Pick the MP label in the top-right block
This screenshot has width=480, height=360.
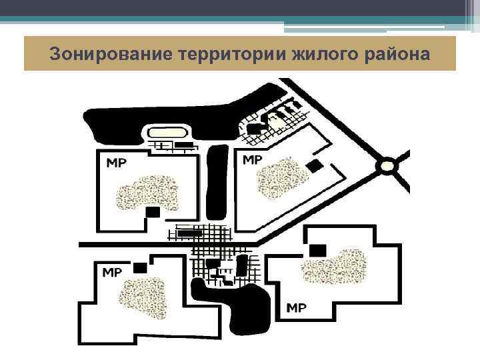pos(252,160)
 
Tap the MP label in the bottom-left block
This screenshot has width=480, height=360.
pos(111,272)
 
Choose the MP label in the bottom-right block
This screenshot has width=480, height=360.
pos(296,307)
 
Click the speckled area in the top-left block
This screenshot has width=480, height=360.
pos(147,193)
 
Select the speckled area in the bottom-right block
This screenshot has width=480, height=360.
pos(333,267)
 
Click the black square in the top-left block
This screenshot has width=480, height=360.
pos(153,212)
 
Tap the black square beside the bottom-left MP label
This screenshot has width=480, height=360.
pos(140,268)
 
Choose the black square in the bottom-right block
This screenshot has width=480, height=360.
pos(317,250)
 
